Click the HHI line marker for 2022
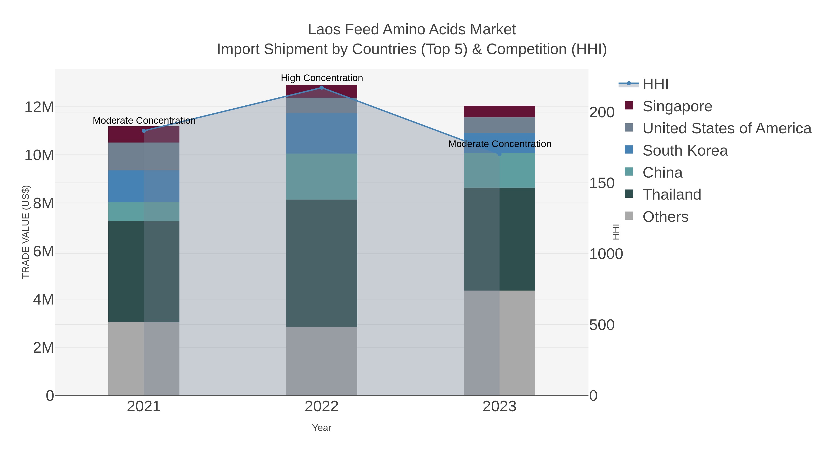point(322,88)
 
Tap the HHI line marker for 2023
point(499,154)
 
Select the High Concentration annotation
point(322,78)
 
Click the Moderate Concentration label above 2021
point(144,121)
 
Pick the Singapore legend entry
point(677,106)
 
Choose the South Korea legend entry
point(685,151)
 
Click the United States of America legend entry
point(726,128)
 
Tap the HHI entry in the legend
point(655,84)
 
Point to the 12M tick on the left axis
point(39,107)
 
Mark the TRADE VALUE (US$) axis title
point(26,232)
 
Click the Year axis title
point(322,428)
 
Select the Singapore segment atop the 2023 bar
point(499,111)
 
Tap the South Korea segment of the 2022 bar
point(322,133)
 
